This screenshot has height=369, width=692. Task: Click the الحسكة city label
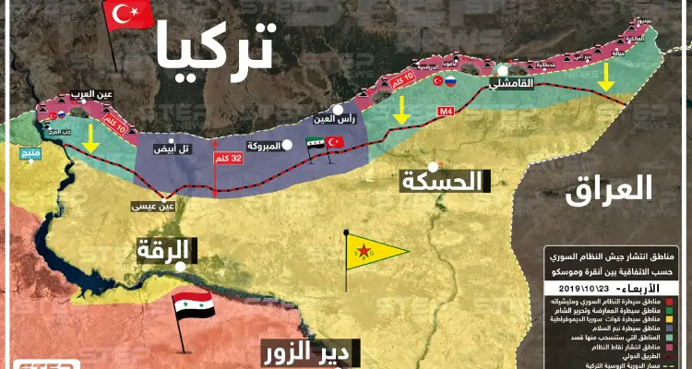pyautogui.click(x=443, y=181)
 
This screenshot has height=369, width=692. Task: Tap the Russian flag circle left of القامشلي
pyautogui.click(x=451, y=81)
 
